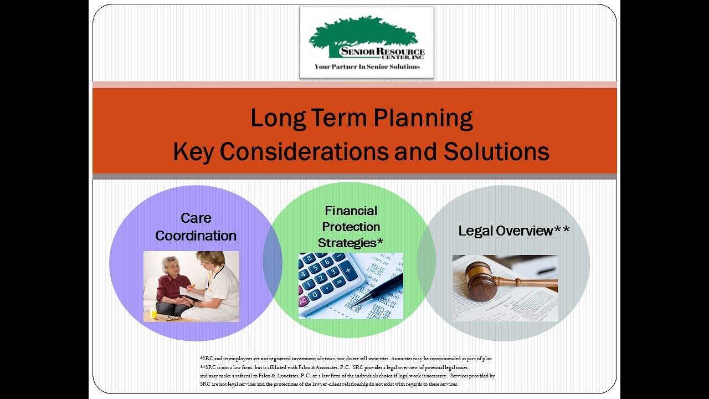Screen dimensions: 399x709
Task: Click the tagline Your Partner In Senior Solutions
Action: tap(367, 67)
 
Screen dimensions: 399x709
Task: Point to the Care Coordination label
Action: tap(196, 227)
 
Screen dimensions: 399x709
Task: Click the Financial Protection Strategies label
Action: tap(351, 227)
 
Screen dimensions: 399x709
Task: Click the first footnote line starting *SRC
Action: tap(346, 359)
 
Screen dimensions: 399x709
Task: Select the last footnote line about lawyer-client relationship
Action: tap(329, 383)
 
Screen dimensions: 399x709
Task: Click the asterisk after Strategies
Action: tap(380, 242)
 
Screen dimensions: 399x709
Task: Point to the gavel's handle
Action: tap(526, 283)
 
